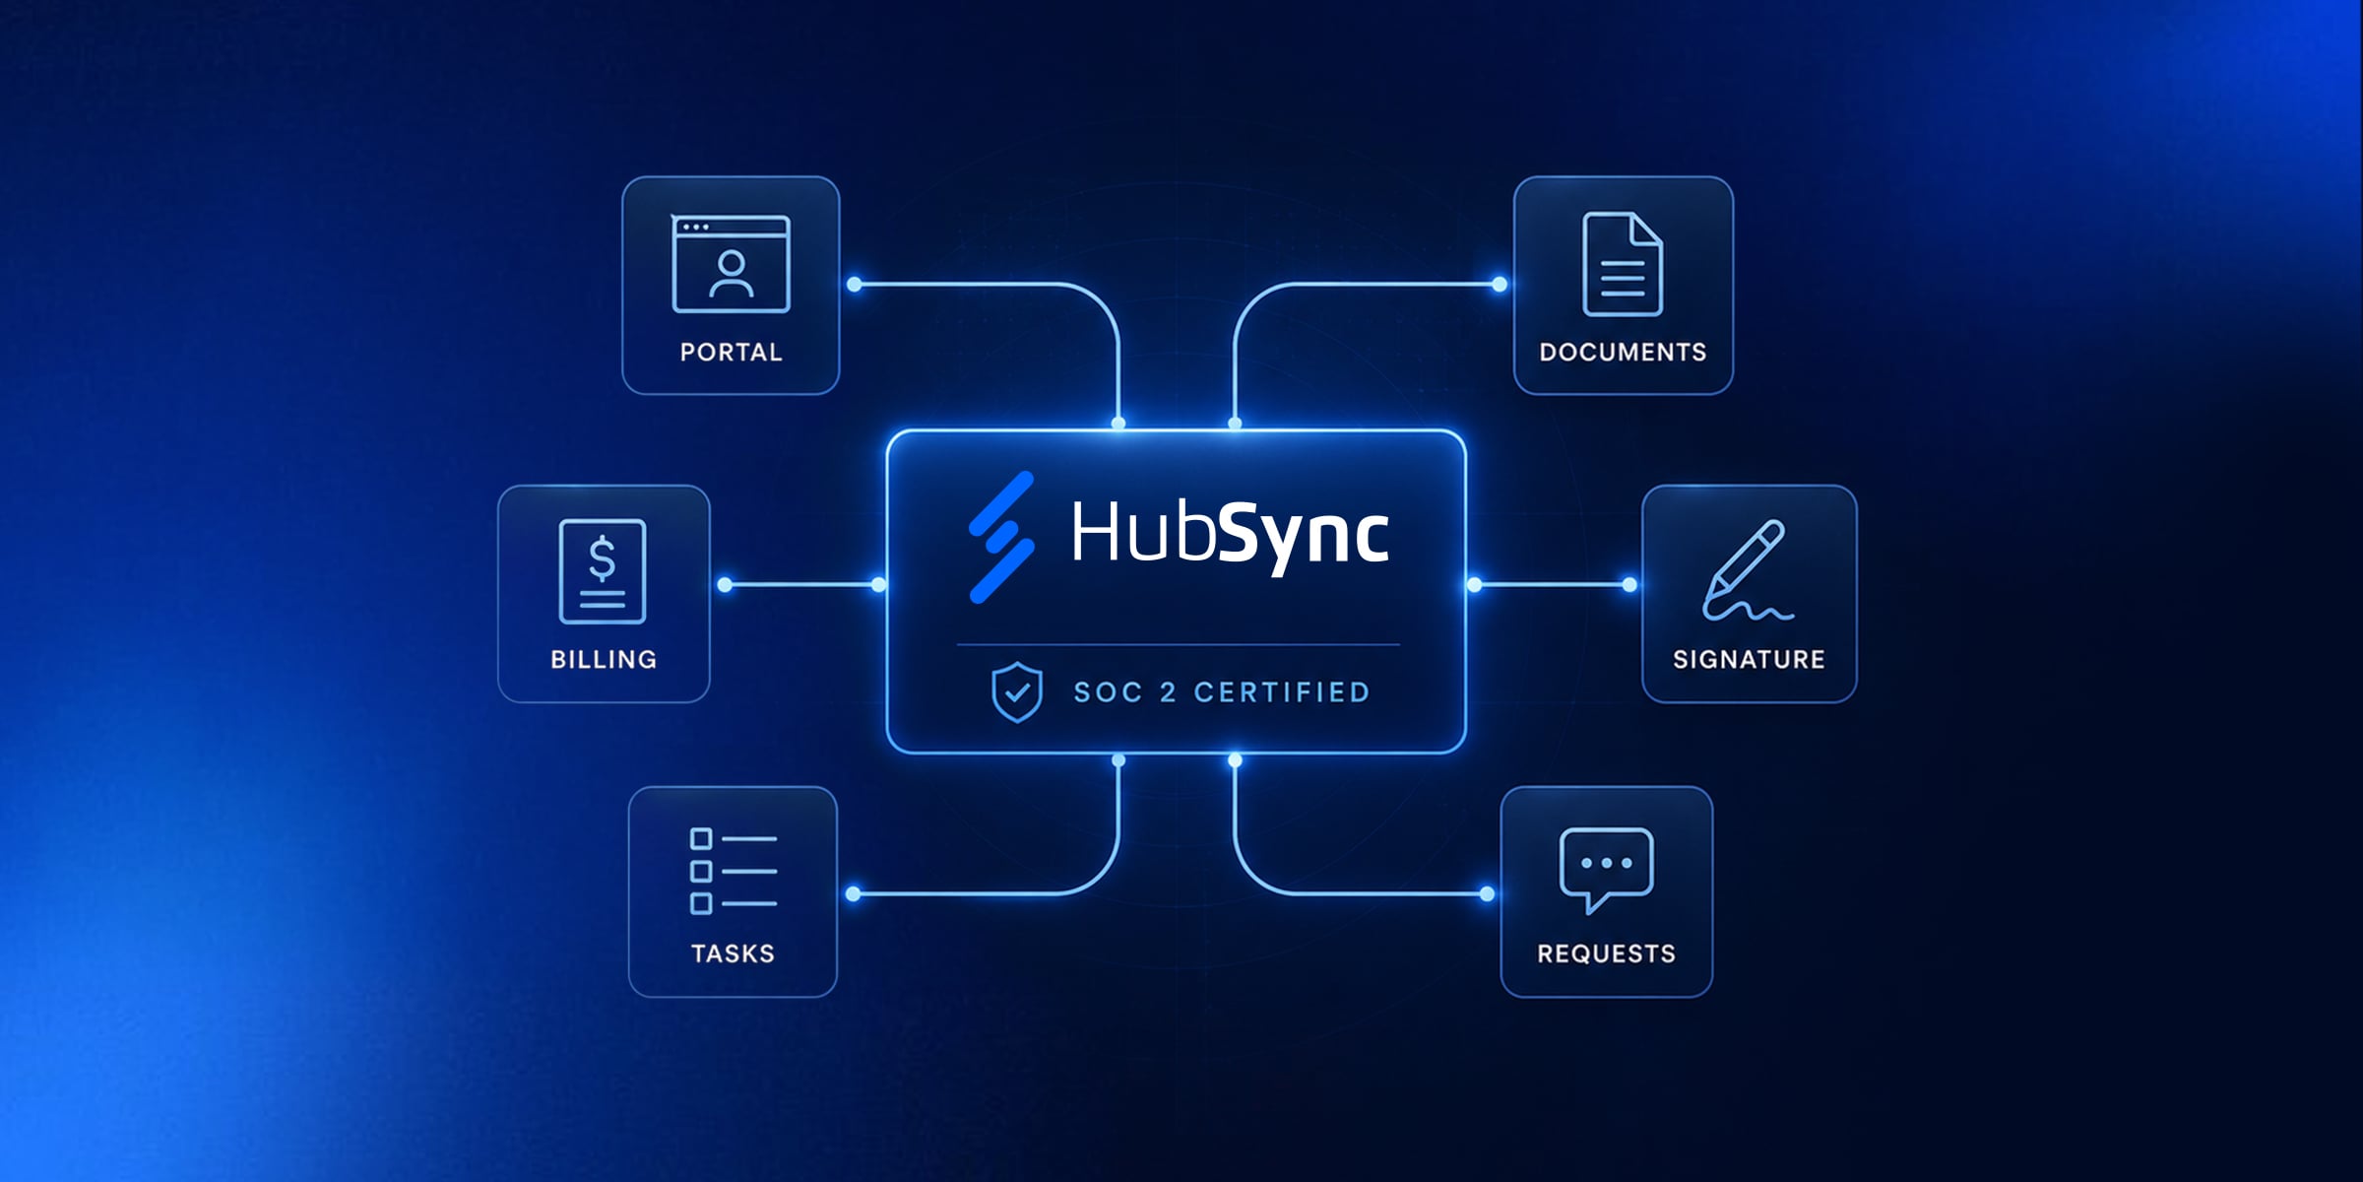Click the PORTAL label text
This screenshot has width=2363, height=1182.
click(x=731, y=352)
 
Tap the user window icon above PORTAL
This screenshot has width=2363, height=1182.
click(x=731, y=264)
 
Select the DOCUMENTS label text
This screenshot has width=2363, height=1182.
click(x=1623, y=352)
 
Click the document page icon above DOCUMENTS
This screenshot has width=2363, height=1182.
click(x=1623, y=264)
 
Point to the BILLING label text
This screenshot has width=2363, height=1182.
click(x=604, y=659)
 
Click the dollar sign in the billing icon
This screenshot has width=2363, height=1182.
click(x=602, y=558)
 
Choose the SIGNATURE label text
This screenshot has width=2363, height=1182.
click(x=1749, y=659)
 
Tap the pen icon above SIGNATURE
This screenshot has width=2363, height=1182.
click(x=1748, y=570)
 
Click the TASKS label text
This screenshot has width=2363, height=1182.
click(x=733, y=953)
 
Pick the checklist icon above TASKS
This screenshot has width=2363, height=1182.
click(x=734, y=871)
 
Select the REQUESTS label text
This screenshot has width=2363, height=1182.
click(x=1606, y=953)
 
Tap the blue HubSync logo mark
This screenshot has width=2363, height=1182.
click(x=1001, y=537)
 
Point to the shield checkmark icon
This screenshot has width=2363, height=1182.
click(x=1017, y=691)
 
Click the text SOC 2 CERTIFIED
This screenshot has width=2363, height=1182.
click(x=1222, y=692)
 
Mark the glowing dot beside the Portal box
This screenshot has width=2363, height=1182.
click(x=855, y=285)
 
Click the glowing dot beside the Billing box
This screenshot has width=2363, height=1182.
click(x=726, y=585)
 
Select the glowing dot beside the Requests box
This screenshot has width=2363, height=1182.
click(x=1487, y=894)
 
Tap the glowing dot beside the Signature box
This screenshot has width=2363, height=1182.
click(x=1629, y=585)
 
